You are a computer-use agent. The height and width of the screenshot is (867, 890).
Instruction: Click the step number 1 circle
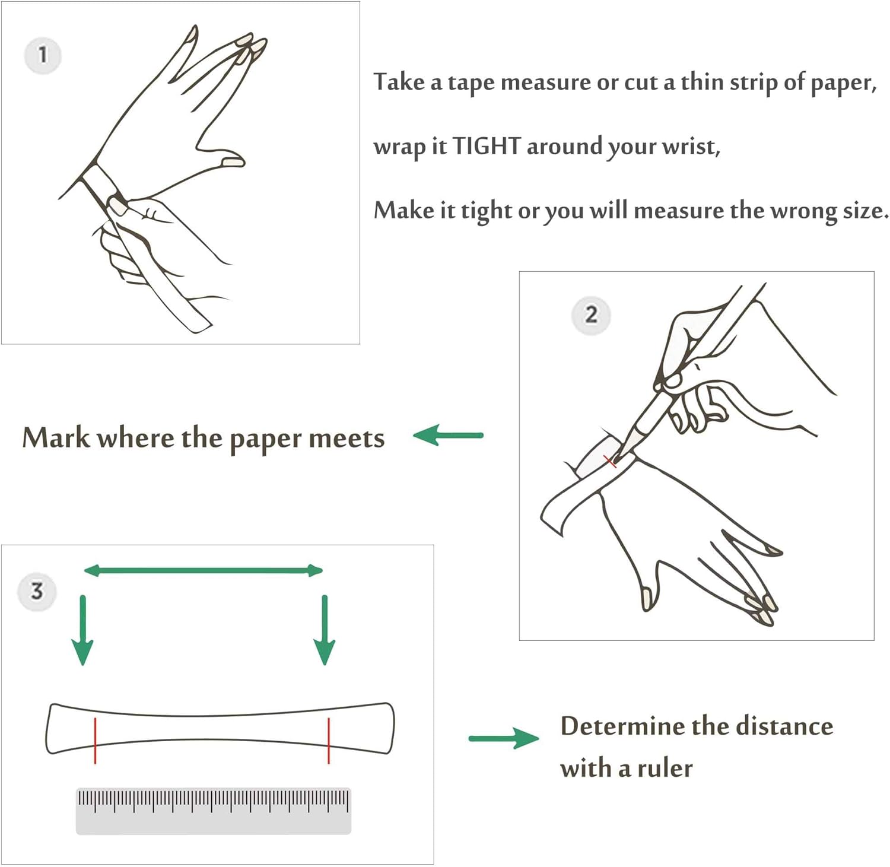click(x=43, y=55)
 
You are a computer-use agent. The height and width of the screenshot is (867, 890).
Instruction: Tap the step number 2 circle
click(x=591, y=315)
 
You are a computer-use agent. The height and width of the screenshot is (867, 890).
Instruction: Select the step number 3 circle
click(x=37, y=591)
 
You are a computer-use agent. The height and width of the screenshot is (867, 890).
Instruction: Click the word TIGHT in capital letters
click(x=487, y=146)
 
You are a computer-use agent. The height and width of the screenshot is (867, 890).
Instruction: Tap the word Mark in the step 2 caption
click(x=56, y=438)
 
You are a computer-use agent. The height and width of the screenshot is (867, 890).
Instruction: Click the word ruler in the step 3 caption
click(x=665, y=769)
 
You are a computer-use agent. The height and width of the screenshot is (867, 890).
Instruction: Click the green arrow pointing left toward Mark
click(x=449, y=436)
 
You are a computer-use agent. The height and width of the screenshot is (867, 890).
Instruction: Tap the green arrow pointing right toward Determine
click(x=504, y=738)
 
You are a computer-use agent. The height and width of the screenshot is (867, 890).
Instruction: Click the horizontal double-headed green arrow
click(x=203, y=571)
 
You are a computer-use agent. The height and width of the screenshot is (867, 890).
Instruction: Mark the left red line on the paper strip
click(x=95, y=740)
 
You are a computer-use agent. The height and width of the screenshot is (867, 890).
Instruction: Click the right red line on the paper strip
click(x=329, y=740)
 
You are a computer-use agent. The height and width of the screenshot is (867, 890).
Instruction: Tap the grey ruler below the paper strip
click(x=214, y=811)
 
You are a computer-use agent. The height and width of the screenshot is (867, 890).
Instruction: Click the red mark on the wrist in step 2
click(x=611, y=461)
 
